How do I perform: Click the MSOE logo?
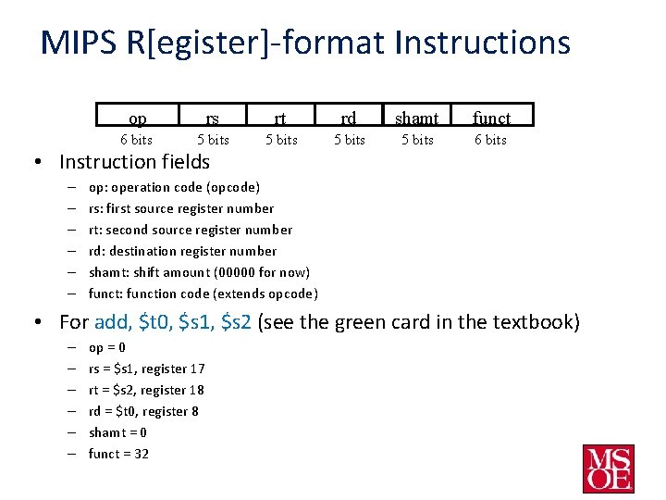608,469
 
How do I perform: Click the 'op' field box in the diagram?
137,117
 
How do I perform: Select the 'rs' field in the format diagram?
213,117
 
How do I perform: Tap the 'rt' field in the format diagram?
281,117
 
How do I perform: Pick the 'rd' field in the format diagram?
349,117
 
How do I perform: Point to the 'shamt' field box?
417,117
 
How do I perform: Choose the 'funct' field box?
491,117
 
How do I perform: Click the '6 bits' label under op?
137,140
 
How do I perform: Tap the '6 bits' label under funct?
490,140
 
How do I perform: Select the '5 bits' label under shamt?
417,140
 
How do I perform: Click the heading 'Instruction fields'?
134,162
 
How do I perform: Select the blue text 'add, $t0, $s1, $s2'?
173,323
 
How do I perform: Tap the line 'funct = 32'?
118,454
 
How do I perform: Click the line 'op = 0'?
106,347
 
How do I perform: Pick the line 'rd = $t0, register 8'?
143,411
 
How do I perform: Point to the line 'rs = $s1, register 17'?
146,369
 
